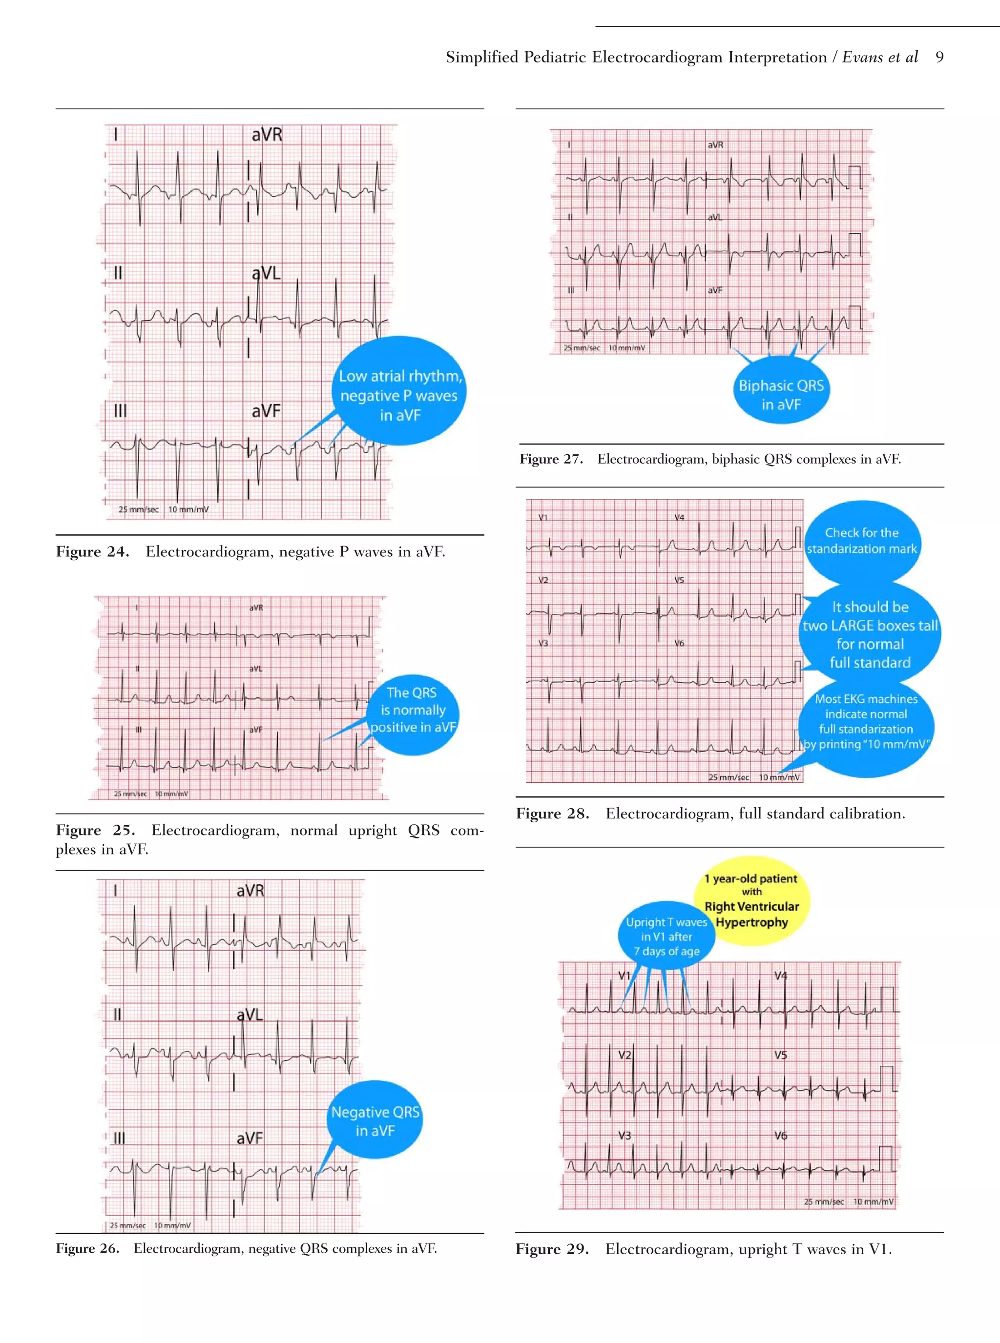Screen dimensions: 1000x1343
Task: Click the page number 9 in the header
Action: point(939,58)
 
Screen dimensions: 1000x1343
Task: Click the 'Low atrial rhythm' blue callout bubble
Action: point(399,393)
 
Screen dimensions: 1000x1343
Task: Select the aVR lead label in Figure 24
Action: point(267,134)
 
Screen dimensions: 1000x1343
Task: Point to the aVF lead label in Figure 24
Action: point(266,411)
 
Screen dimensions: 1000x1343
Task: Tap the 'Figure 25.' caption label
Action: point(96,830)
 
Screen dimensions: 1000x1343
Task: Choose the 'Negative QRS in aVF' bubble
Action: point(375,1120)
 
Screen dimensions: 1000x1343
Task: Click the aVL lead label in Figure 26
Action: point(250,1015)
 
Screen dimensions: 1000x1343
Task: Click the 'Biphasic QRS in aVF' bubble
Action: point(781,394)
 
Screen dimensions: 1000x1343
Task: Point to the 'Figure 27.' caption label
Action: point(551,459)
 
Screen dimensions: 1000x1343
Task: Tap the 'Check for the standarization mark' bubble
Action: point(861,540)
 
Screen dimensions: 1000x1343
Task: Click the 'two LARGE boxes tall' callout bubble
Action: point(870,634)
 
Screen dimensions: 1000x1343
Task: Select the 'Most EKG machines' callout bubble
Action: point(866,721)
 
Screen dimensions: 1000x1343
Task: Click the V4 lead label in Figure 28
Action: point(679,518)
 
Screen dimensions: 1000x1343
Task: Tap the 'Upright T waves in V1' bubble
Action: point(666,936)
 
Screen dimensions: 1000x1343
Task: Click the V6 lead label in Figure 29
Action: point(781,1136)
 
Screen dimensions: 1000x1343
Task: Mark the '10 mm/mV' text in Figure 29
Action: point(873,1201)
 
